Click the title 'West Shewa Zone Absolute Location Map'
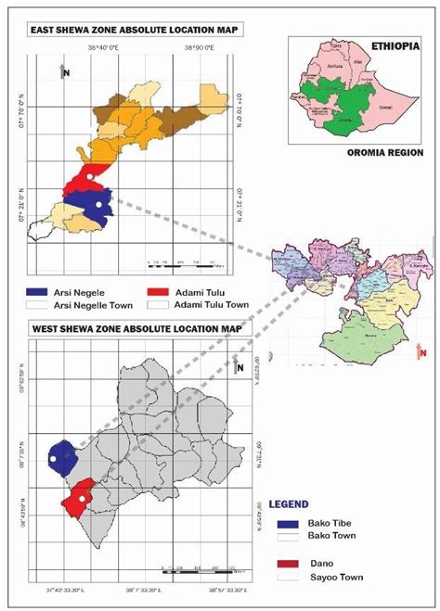(136, 329)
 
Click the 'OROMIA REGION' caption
(384, 153)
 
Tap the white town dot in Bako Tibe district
(56, 460)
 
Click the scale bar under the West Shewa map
(200, 567)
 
